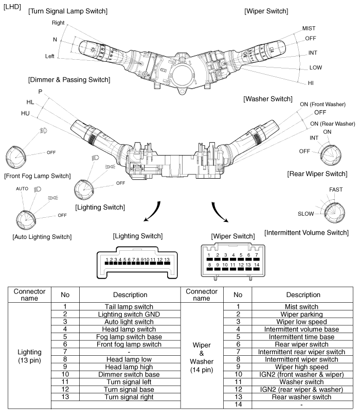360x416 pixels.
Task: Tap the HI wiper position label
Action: (311, 83)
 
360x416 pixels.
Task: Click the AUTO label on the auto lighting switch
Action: (22, 189)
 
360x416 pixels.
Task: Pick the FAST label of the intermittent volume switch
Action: (336, 190)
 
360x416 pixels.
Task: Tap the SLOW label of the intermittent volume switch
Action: (306, 213)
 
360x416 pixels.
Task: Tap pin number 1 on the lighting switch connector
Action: (106, 259)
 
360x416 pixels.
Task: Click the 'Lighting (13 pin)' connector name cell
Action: (30, 355)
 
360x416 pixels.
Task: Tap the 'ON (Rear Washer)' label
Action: (332, 124)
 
